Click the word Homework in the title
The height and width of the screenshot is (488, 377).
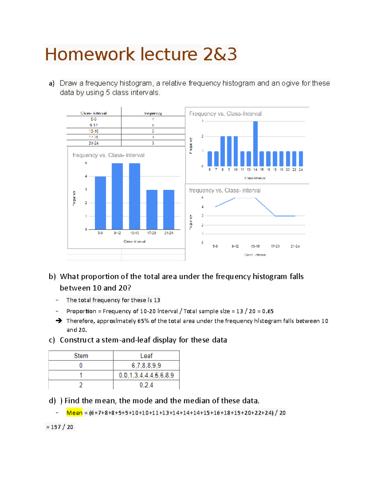coord(90,54)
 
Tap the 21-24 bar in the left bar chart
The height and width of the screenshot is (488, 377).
coord(169,210)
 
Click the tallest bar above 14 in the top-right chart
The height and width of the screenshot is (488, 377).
coord(255,144)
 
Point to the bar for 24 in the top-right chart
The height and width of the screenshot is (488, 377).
coord(301,159)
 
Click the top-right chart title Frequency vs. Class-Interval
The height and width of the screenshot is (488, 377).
coord(225,114)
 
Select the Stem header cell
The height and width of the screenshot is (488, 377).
coord(81,356)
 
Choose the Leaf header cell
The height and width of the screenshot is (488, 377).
coord(146,356)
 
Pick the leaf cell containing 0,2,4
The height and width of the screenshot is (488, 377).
coord(146,385)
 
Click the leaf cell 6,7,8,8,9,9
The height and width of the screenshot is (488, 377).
coord(146,365)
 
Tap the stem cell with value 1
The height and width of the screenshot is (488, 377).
coord(81,375)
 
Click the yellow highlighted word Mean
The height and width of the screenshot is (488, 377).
coord(74,413)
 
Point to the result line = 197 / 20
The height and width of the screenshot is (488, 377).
coord(60,427)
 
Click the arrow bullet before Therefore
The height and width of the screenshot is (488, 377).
coord(59,321)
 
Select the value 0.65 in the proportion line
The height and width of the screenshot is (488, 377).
coord(268,311)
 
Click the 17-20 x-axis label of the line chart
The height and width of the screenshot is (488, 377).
coord(275,246)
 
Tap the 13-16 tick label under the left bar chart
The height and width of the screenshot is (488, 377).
coord(134,233)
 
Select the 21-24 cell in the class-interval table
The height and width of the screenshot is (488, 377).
coord(94,143)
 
